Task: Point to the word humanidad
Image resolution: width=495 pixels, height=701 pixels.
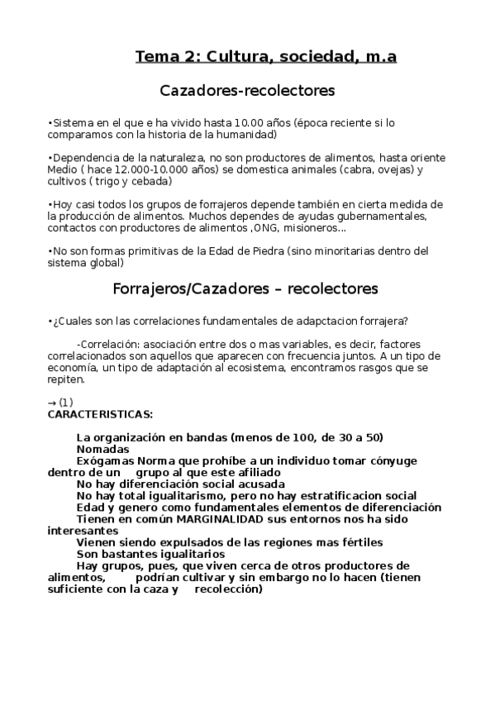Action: click(x=248, y=134)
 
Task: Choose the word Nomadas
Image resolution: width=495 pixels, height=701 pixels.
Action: click(x=102, y=449)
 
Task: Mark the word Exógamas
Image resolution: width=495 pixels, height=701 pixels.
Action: click(x=106, y=460)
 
